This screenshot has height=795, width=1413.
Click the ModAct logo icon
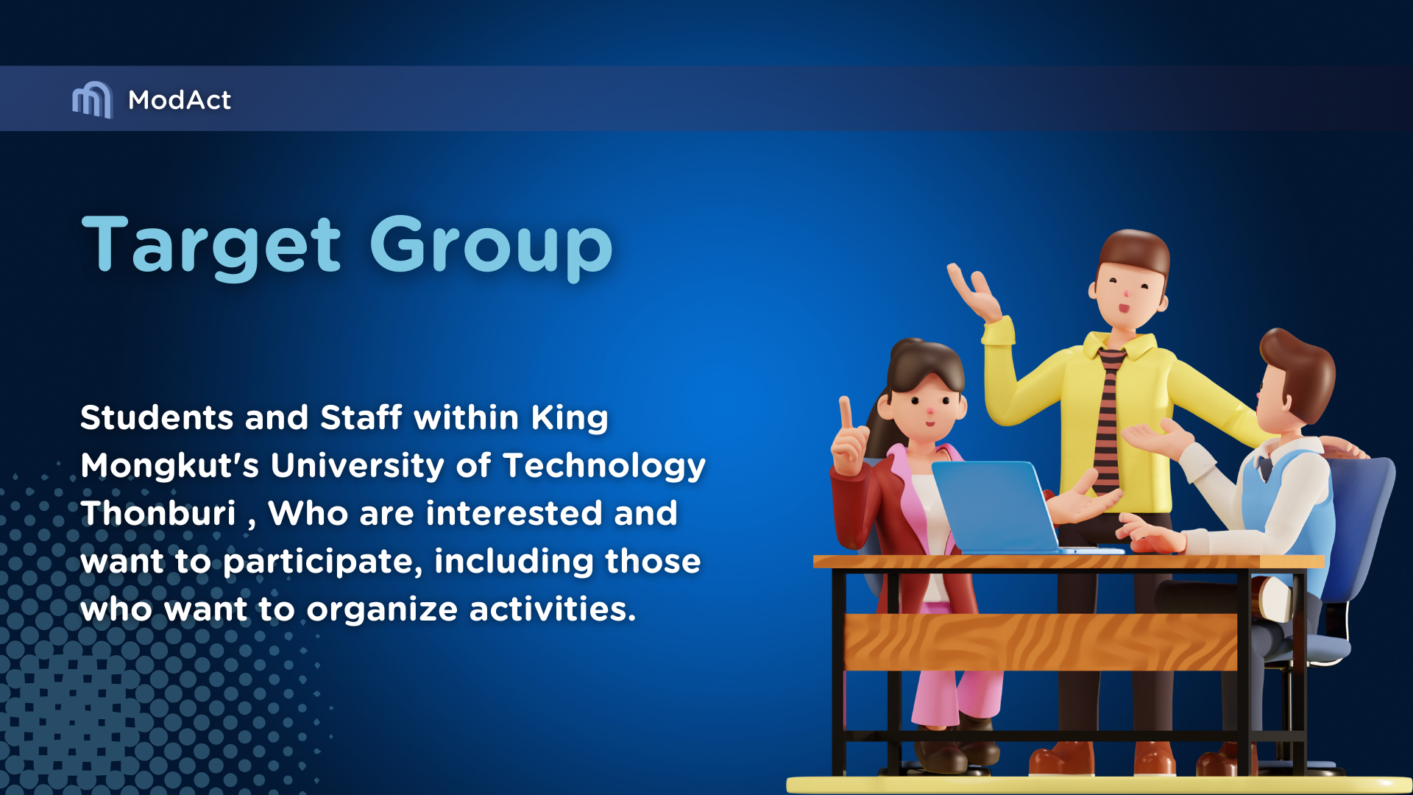click(92, 99)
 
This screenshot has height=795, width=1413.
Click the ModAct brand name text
click(180, 100)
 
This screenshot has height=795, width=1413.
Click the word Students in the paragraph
click(157, 417)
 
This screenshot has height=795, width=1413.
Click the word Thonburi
click(158, 513)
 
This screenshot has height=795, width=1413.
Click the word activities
click(553, 609)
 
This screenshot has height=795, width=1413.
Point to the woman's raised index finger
click(846, 412)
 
